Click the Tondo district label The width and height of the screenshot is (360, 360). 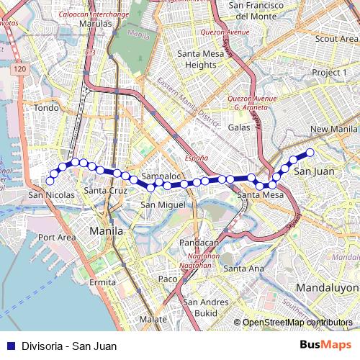[46, 108]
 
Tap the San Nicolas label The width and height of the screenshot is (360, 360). [51, 195]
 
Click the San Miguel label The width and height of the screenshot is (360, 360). [158, 204]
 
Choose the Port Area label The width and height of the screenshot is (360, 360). [57, 237]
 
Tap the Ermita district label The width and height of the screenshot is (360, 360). [102, 282]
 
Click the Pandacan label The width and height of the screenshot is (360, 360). [198, 243]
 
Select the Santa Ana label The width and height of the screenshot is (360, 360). [243, 268]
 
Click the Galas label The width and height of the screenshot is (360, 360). [239, 127]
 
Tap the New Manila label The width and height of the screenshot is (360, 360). [333, 129]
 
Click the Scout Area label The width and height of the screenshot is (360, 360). [336, 38]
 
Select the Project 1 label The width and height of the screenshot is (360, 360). [329, 73]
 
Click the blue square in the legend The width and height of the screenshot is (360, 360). [9, 346]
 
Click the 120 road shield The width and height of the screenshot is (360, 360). [19, 69]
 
